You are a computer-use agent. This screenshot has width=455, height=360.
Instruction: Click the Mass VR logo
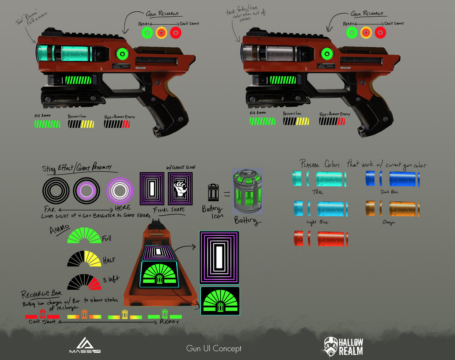coord(85,345)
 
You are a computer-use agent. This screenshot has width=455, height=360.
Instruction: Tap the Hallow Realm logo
coord(343,347)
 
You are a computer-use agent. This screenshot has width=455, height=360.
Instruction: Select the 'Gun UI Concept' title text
coord(214,348)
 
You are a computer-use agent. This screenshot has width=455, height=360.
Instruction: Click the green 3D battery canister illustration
coord(247,191)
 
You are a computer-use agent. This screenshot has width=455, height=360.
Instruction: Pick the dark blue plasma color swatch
coord(392,179)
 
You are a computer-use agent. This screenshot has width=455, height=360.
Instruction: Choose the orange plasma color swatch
coord(392,209)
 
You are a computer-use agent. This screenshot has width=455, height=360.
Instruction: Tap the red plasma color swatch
coord(321,238)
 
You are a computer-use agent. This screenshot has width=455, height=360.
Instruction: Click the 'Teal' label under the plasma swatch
coord(318,192)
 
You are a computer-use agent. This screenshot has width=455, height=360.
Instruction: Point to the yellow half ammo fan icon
coord(84,259)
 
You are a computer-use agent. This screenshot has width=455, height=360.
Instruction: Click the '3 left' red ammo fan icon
coord(84,282)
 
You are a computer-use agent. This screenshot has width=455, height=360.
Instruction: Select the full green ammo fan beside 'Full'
coord(84,236)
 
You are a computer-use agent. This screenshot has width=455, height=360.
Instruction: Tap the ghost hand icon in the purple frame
coord(180,189)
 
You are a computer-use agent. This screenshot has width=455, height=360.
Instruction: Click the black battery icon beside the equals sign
coord(213,193)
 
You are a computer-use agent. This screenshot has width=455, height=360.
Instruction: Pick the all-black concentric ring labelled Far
coord(56,191)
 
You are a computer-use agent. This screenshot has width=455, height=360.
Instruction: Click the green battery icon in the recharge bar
coord(165,314)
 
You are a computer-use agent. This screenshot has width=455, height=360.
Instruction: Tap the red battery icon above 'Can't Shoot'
coord(42,314)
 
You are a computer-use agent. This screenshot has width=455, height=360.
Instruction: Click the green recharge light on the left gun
coord(122,54)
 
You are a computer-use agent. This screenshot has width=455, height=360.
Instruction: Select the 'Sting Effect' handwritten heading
coord(58,168)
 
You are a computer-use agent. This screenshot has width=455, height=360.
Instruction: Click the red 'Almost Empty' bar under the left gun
coord(117,124)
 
